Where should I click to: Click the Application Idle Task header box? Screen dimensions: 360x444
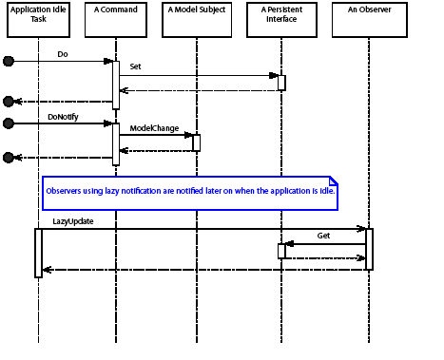[x=39, y=20]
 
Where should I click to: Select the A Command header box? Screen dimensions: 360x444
[x=116, y=20]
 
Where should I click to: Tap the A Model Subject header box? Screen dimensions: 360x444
[x=197, y=20]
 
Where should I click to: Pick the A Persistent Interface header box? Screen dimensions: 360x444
[x=281, y=20]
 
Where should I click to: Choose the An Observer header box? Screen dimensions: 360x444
[x=368, y=20]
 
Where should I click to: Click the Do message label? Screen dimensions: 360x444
[x=63, y=54]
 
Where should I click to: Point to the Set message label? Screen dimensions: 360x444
[x=135, y=67]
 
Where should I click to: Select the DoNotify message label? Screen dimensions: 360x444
[x=63, y=116]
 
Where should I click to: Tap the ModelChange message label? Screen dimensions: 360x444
[x=154, y=128]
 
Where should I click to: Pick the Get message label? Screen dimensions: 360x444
[x=323, y=235]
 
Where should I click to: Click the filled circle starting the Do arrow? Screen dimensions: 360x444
[x=9, y=61]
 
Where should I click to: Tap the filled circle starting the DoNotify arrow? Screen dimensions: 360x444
[x=9, y=123]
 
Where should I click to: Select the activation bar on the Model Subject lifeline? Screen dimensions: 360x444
[x=197, y=142]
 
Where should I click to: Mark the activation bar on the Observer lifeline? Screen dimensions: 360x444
[x=369, y=249]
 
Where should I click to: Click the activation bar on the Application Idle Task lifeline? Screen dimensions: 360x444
[x=39, y=252]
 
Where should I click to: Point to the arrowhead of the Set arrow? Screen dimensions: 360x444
[x=275, y=75]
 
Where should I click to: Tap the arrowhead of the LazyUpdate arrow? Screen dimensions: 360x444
[x=362, y=228]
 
